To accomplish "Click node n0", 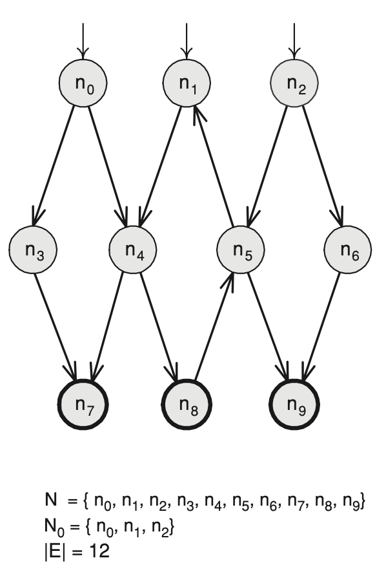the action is (83, 83).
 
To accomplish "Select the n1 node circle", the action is (187, 83).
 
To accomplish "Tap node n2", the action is (294, 83).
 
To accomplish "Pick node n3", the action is (33, 250).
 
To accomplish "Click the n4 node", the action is (133, 250).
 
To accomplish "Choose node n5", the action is (241, 250).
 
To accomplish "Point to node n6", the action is (348, 250).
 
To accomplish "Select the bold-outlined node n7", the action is (83, 404).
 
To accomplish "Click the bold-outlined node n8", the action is (187, 404).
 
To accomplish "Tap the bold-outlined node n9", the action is (294, 404).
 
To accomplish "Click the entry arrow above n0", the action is (83, 41).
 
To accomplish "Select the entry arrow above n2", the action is (294, 41).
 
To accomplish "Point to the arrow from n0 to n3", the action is (54, 166).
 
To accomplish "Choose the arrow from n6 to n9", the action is (322, 327).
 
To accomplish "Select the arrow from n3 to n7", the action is (55, 327).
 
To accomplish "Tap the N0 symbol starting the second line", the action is (54, 526).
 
